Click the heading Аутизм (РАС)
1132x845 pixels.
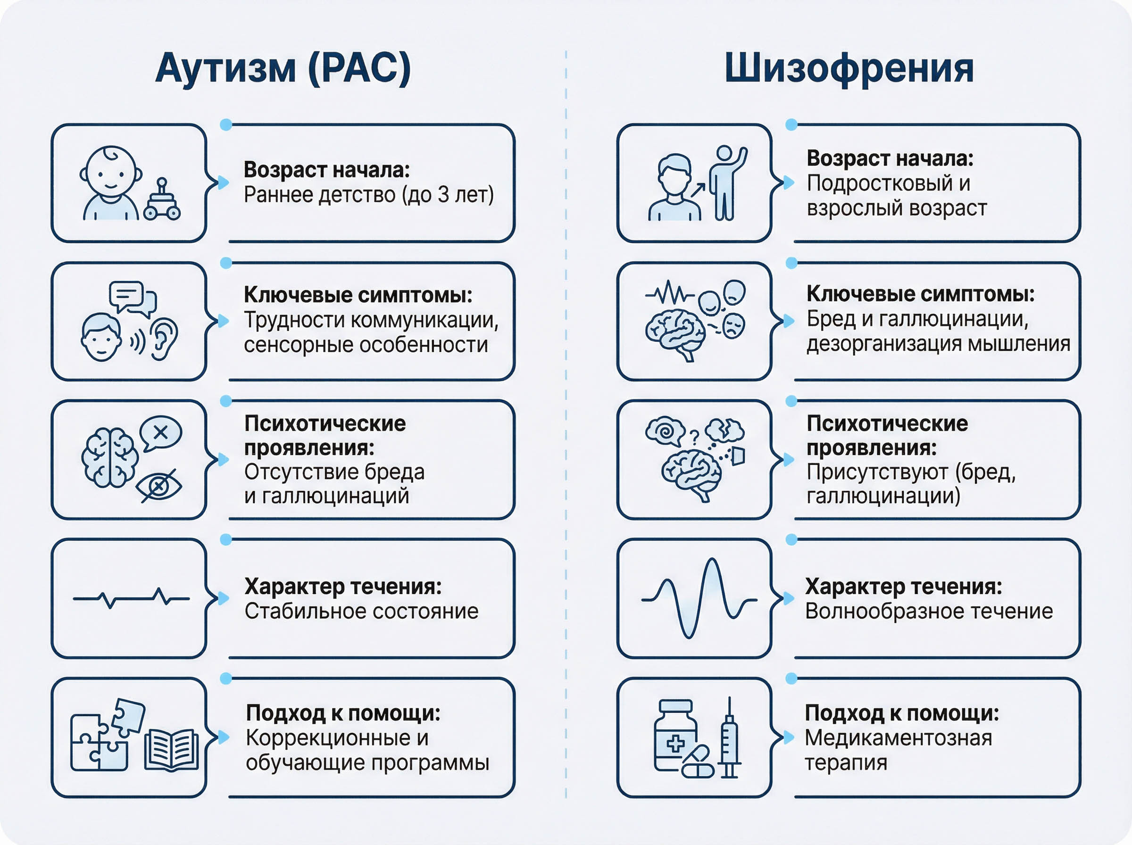click(283, 68)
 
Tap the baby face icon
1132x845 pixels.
click(110, 183)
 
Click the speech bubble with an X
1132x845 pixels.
click(161, 433)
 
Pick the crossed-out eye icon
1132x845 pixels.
click(158, 486)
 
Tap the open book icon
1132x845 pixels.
click(171, 750)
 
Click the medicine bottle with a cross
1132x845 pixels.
click(676, 735)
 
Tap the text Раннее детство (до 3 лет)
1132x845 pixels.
click(369, 195)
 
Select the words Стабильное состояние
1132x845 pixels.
click(362, 611)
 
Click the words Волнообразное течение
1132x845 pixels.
click(929, 611)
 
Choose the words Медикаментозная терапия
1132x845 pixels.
click(898, 750)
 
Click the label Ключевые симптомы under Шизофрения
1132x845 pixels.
click(921, 294)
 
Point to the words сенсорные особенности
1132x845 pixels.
click(366, 345)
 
